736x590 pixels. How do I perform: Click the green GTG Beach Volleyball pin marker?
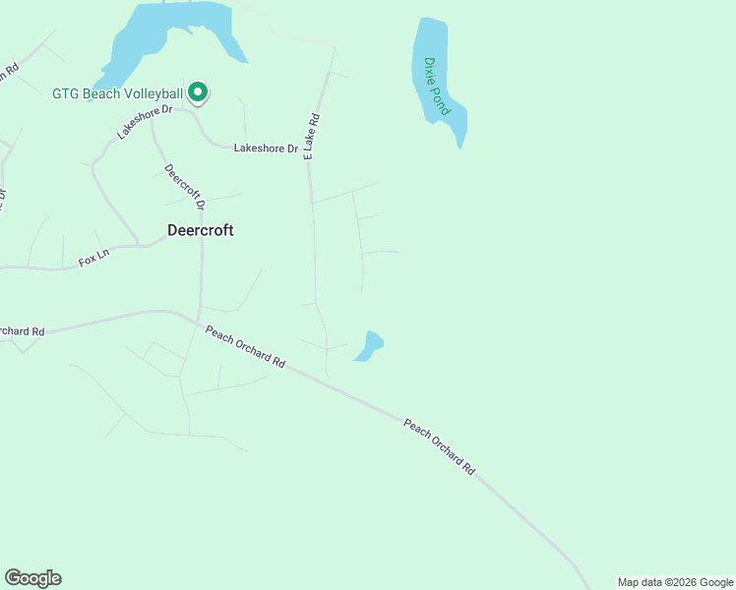click(198, 92)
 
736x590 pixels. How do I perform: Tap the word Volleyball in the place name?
click(151, 94)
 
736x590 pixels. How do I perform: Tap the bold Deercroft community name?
click(200, 230)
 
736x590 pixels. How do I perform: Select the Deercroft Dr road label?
click(184, 187)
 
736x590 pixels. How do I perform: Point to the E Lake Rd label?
click(313, 136)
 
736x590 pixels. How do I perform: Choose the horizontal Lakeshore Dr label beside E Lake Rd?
click(266, 148)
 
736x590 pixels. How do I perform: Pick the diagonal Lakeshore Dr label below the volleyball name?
click(144, 121)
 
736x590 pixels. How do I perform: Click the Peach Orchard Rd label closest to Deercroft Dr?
click(245, 347)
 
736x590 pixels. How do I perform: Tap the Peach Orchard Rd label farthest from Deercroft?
click(439, 446)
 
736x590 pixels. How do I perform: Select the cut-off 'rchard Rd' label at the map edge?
click(22, 331)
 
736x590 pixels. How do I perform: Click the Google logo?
click(32, 578)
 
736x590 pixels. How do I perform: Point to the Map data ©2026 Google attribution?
click(675, 582)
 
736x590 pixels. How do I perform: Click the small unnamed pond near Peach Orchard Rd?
click(369, 346)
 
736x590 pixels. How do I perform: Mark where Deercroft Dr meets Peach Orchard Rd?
click(200, 322)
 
